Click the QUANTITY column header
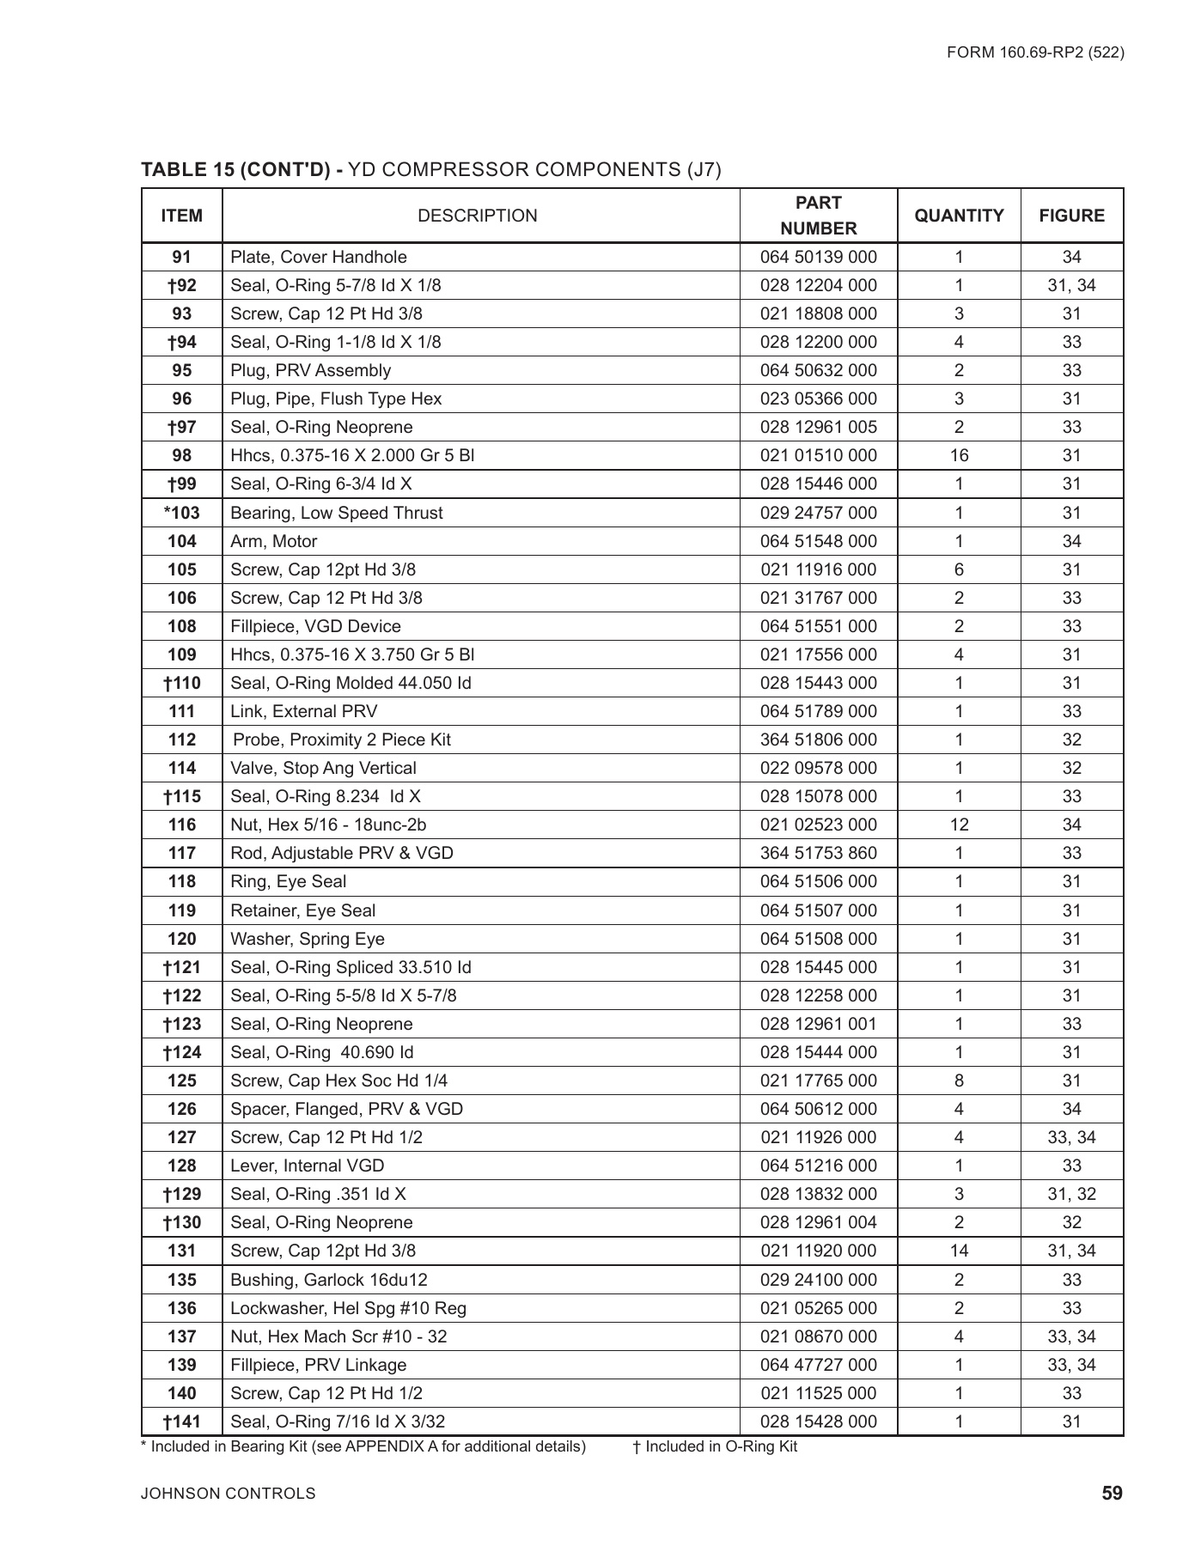[x=959, y=216]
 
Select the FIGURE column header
[x=1071, y=216]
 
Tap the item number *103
[x=181, y=513]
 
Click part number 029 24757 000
[x=818, y=513]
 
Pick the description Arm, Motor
[x=273, y=541]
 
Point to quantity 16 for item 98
[x=959, y=455]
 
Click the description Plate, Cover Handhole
[x=318, y=257]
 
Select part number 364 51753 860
[x=818, y=853]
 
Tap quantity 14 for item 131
[x=959, y=1251]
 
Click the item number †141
[x=181, y=1421]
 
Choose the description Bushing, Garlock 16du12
[x=328, y=1280]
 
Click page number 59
[x=1112, y=1494]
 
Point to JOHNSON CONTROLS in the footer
[x=228, y=1494]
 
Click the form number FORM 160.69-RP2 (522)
[x=1035, y=52]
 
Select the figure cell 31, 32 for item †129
[x=1071, y=1194]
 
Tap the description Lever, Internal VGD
[x=307, y=1166]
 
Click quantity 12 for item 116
[x=959, y=825]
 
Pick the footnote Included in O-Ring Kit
[x=715, y=1446]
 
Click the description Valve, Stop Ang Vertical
[x=323, y=768]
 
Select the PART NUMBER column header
[x=818, y=216]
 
